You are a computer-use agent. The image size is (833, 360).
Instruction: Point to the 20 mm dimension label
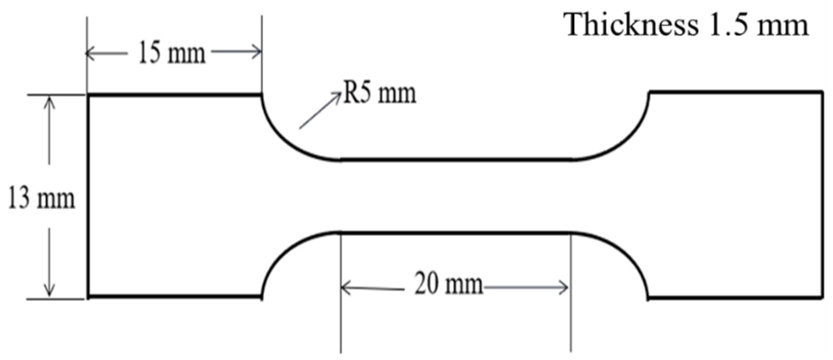pos(448,284)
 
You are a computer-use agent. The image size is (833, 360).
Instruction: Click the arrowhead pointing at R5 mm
pos(338,95)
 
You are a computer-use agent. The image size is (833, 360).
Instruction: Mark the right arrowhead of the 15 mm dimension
pos(257,52)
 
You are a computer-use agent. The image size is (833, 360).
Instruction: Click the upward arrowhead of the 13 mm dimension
pos(49,101)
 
